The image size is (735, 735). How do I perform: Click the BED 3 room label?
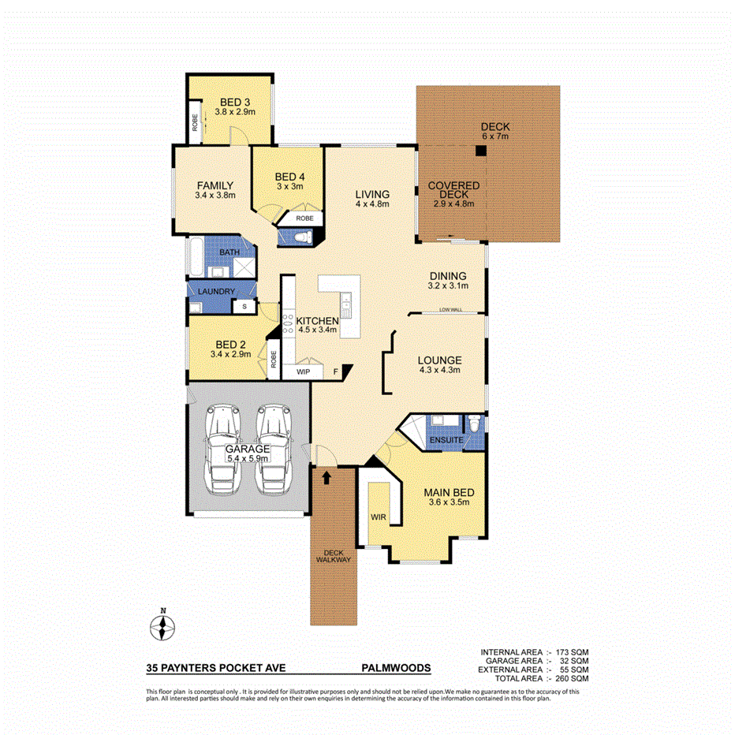click(235, 102)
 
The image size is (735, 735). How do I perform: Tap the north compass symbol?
click(162, 628)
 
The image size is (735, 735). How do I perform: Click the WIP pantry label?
click(303, 371)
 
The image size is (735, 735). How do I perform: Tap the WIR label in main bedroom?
click(379, 518)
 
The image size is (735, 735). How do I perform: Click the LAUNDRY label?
click(217, 291)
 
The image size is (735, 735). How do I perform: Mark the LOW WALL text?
click(451, 310)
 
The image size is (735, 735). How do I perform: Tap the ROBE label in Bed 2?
click(274, 358)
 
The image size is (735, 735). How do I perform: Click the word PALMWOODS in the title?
click(396, 667)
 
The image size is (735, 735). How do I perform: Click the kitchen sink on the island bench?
click(345, 300)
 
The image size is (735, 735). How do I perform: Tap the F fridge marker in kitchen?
click(336, 371)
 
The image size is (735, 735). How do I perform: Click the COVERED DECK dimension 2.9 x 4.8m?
click(453, 203)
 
